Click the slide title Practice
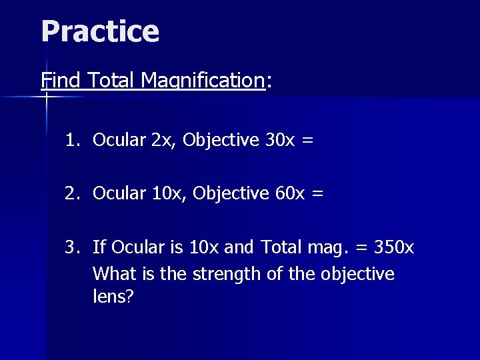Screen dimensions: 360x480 [x=100, y=31]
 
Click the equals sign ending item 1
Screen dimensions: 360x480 [x=307, y=141]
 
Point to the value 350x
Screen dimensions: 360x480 [x=393, y=247]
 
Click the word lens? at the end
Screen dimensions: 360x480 [x=113, y=297]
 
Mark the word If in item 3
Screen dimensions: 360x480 [x=99, y=247]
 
